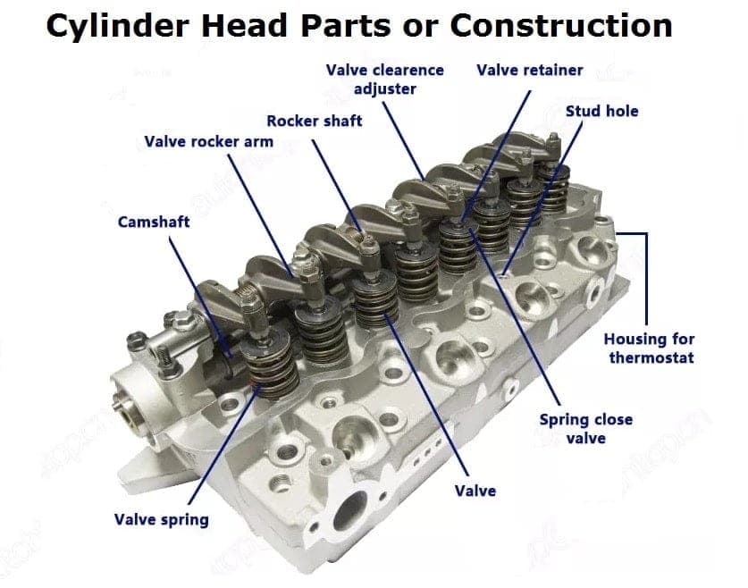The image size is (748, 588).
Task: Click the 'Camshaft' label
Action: click(154, 222)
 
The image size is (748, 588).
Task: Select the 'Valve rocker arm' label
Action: click(208, 142)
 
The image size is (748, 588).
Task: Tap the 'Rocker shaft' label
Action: click(315, 121)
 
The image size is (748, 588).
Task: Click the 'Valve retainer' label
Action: click(529, 70)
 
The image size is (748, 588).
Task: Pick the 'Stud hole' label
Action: click(601, 112)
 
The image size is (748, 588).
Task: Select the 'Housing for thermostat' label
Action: click(649, 349)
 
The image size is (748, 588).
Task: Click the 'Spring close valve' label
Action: click(586, 428)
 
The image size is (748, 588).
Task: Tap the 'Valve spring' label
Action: click(161, 519)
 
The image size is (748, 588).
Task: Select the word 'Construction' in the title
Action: click(560, 27)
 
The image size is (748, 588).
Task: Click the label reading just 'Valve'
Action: click(475, 491)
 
